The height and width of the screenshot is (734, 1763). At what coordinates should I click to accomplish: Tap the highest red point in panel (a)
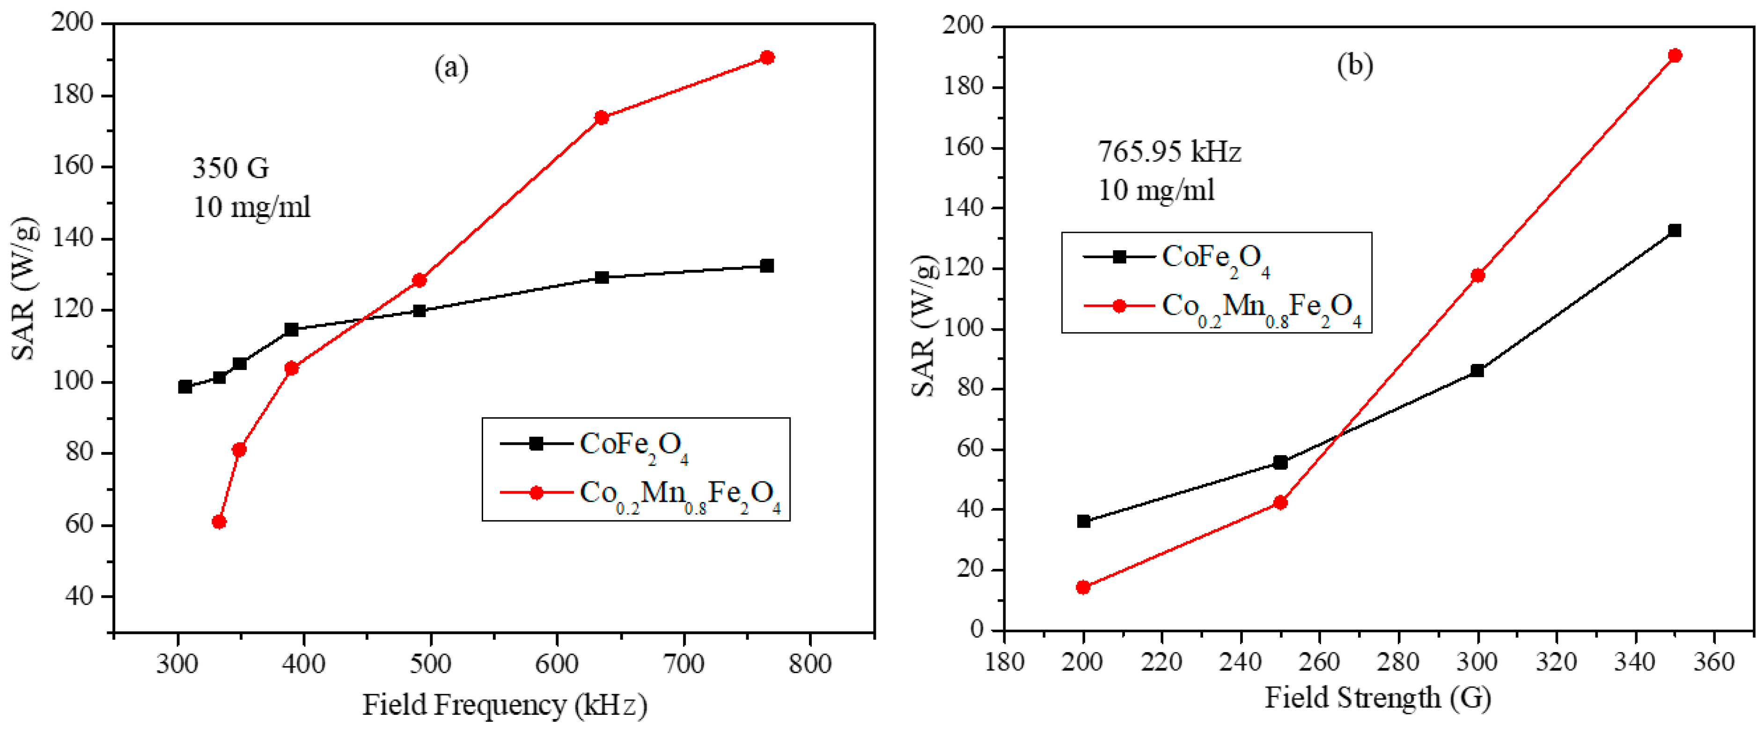point(767,58)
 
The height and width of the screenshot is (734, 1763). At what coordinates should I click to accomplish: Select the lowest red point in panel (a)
point(219,522)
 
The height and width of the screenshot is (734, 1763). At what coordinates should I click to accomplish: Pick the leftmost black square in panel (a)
point(185,387)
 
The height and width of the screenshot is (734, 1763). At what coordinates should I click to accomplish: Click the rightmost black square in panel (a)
point(767,265)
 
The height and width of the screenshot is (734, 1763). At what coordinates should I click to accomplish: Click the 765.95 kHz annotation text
point(1169,152)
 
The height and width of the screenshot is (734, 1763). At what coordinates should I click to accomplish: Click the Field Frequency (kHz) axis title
point(504,705)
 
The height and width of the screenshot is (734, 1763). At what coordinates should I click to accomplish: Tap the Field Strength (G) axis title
point(1378,698)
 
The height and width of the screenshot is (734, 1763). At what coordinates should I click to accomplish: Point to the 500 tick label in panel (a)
point(431,663)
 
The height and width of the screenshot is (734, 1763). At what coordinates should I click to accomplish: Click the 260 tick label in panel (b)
point(1320,661)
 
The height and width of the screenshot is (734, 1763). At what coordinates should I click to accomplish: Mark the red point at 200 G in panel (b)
point(1083,587)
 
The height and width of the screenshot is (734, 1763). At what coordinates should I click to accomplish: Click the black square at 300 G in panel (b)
point(1477,371)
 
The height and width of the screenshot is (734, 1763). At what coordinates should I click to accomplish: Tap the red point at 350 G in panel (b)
point(1675,55)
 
